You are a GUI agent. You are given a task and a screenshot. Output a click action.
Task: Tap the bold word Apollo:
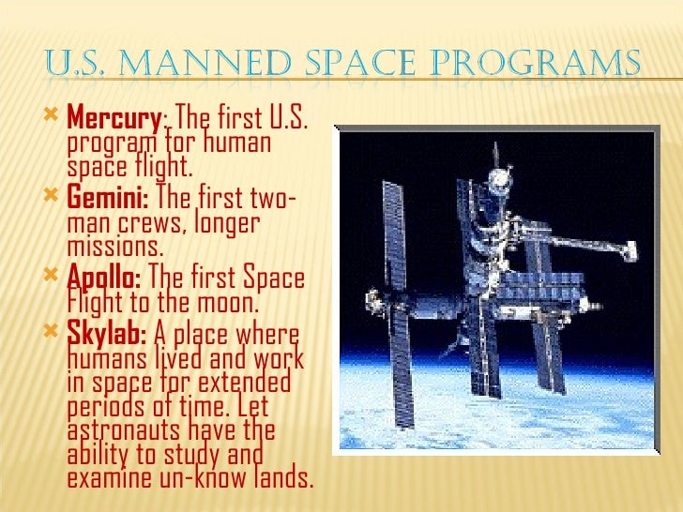click(104, 278)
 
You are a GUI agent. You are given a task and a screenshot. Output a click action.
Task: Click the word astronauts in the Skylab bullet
click(124, 430)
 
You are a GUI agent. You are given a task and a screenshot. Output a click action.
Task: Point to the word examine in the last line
click(107, 476)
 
